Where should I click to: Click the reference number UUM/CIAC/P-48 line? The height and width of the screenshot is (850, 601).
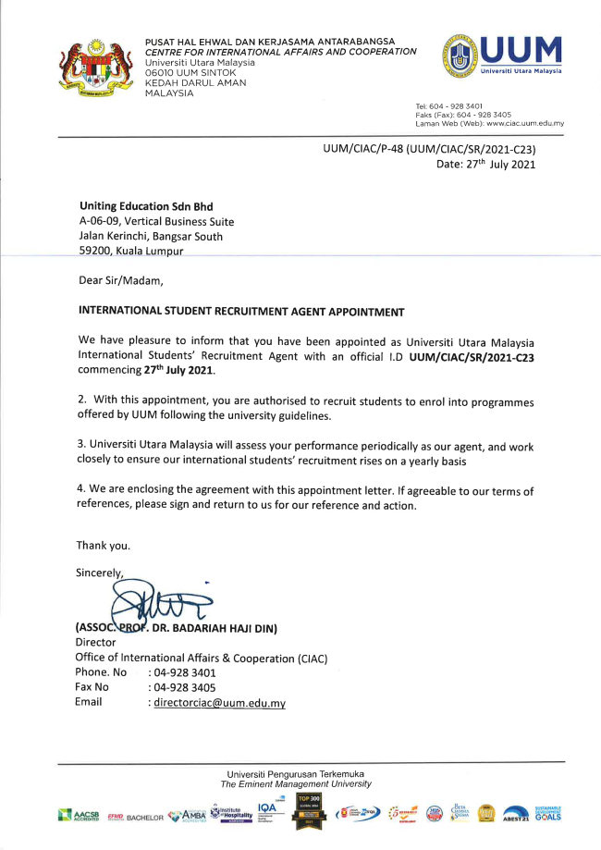(430, 149)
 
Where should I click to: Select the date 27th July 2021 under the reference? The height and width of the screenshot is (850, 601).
(485, 165)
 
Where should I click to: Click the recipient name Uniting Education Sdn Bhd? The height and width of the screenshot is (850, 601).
(139, 206)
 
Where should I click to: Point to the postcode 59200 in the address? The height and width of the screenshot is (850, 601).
(93, 252)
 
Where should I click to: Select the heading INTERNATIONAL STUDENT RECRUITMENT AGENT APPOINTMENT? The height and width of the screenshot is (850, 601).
(241, 312)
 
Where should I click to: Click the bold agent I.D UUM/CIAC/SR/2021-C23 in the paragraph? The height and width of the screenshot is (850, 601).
(460, 354)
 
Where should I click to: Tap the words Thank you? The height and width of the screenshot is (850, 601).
(103, 545)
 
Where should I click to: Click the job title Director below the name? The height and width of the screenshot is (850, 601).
(95, 642)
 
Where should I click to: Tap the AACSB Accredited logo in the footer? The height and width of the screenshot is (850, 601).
(79, 816)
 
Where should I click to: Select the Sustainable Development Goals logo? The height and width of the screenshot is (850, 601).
(547, 814)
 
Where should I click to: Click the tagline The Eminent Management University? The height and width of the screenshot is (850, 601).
(296, 784)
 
